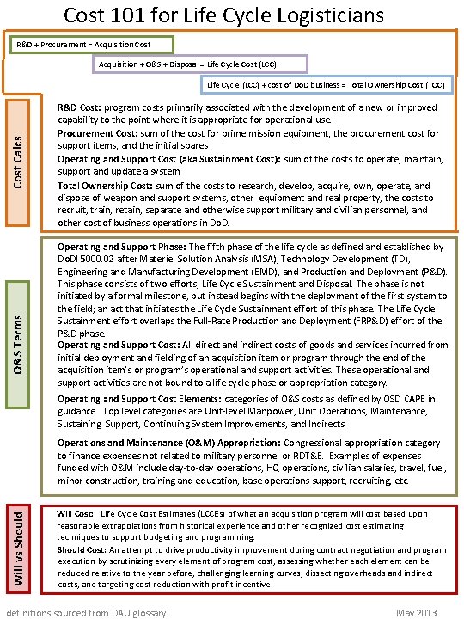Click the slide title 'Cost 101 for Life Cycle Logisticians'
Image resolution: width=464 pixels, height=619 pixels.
pyautogui.click(x=232, y=15)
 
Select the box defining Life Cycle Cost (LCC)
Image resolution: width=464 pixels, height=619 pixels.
pyautogui.click(x=199, y=64)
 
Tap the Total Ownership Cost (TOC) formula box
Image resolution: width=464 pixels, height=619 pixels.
pyautogui.click(x=326, y=85)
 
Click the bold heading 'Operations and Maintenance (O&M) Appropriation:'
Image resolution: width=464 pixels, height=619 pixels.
pyautogui.click(x=168, y=442)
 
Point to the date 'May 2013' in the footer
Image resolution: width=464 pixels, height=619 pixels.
pyautogui.click(x=415, y=612)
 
